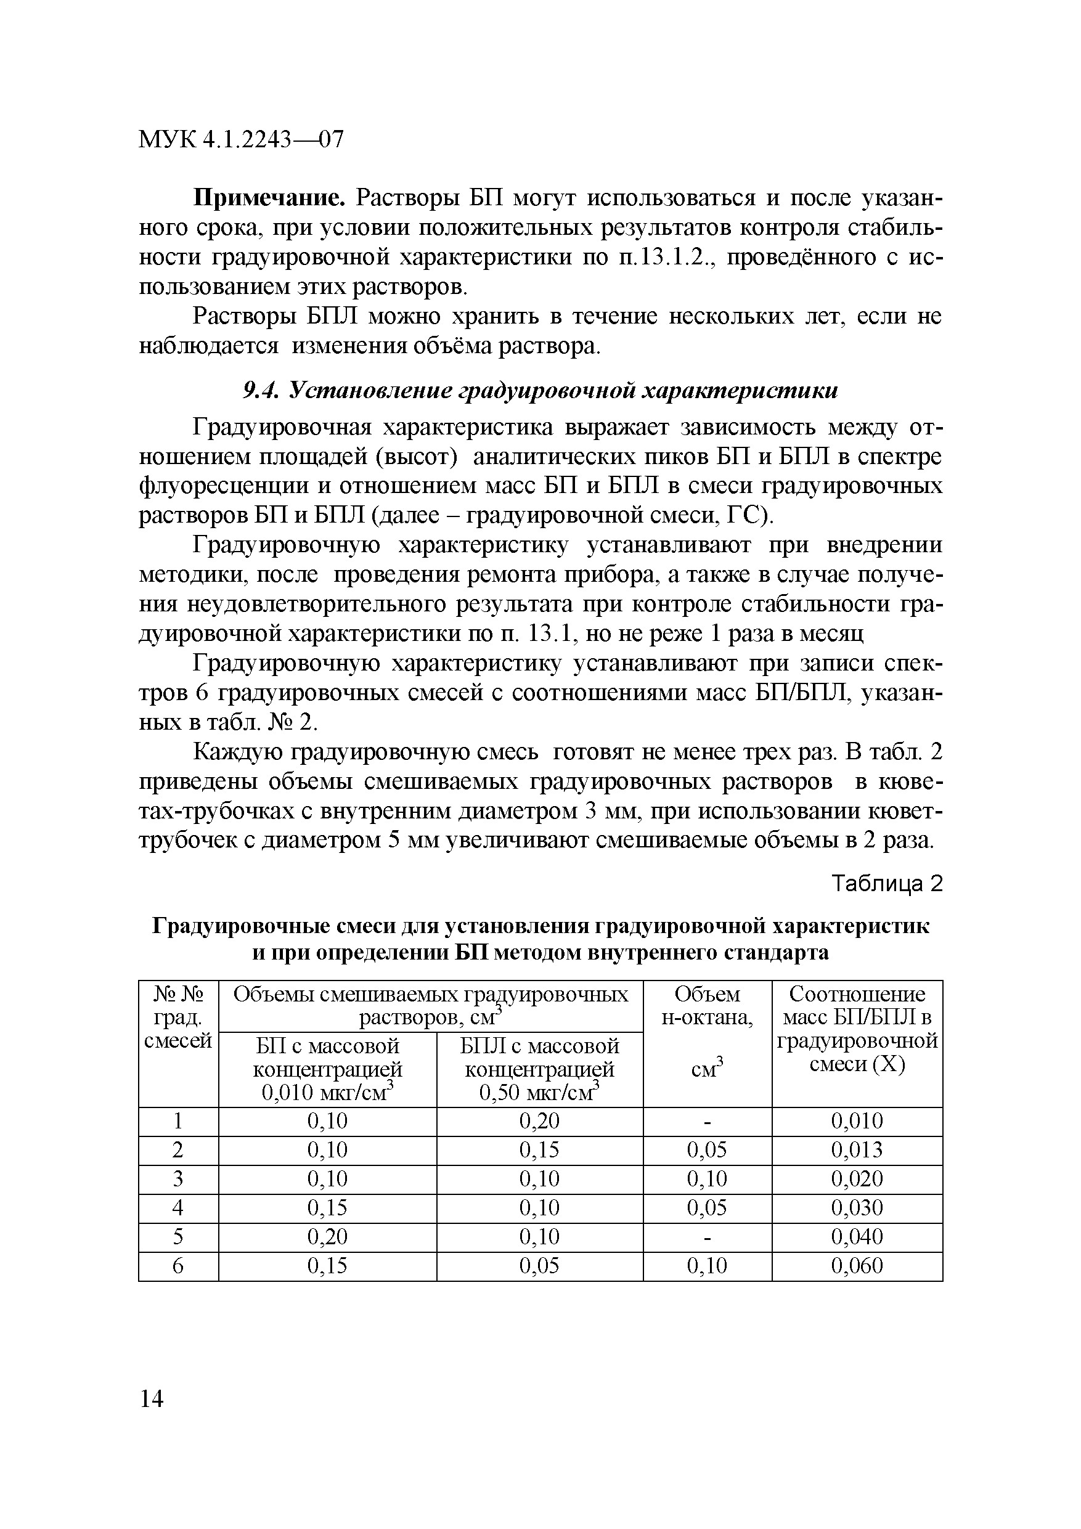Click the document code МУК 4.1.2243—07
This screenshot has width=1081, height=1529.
click(240, 139)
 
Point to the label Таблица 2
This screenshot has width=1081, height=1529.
click(888, 884)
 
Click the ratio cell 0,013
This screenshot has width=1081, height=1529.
click(857, 1150)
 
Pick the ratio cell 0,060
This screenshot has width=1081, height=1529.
click(857, 1266)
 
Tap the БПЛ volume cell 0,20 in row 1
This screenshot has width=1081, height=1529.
click(539, 1122)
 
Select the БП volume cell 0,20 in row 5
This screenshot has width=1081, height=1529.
click(327, 1237)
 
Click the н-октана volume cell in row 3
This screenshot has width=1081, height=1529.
click(707, 1180)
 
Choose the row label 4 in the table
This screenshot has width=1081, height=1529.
click(178, 1208)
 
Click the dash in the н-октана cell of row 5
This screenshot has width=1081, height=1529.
click(707, 1237)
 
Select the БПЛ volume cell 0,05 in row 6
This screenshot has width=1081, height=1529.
click(539, 1266)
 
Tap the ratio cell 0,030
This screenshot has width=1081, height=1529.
click(857, 1208)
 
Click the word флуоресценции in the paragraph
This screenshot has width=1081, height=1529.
click(222, 486)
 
